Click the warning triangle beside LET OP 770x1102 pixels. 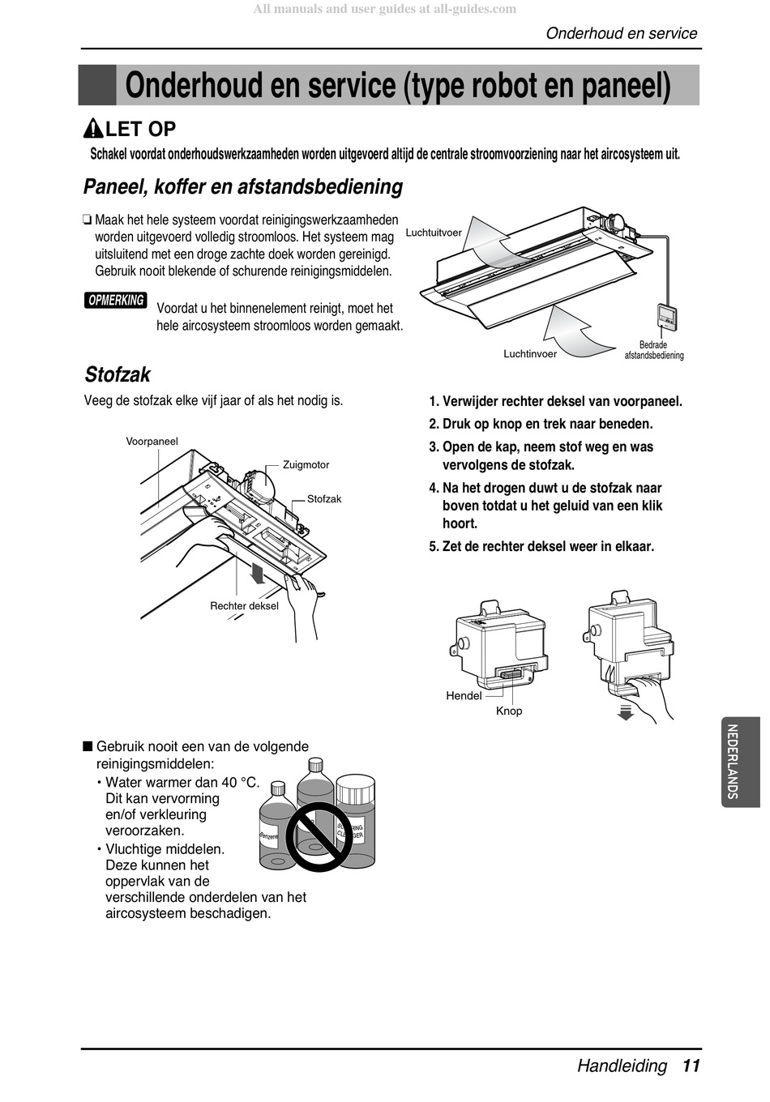(x=93, y=129)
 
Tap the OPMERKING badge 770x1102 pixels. (x=116, y=301)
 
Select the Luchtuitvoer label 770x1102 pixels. (x=434, y=233)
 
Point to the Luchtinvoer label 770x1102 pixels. (x=530, y=354)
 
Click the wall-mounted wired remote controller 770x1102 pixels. (x=667, y=317)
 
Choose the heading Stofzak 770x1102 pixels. (x=118, y=374)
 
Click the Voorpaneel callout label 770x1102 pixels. (x=152, y=442)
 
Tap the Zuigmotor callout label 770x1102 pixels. (x=306, y=465)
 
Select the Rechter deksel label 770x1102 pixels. (x=244, y=606)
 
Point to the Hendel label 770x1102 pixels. (x=464, y=696)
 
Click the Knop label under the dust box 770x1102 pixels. (x=509, y=711)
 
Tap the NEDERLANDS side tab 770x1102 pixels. (x=740, y=762)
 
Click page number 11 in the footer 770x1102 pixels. (x=691, y=1066)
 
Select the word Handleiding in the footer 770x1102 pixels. (x=622, y=1066)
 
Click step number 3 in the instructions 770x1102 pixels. (x=434, y=447)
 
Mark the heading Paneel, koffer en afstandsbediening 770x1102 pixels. (x=243, y=187)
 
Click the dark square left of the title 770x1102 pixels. (x=97, y=85)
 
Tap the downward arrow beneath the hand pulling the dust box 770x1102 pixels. (x=625, y=712)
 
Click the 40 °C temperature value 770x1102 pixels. (x=239, y=783)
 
